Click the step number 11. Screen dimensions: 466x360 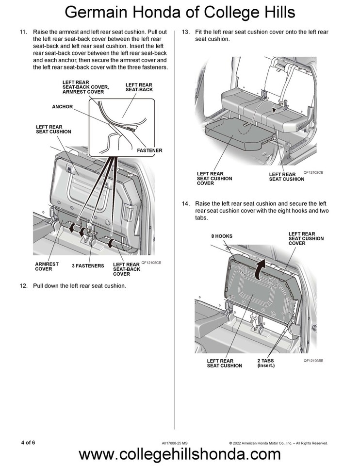coord(22,32)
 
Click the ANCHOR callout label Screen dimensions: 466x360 coord(62,106)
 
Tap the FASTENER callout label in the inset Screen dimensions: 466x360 coord(149,150)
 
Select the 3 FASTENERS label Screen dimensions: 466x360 coord(88,266)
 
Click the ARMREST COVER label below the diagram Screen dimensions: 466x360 coord(47,266)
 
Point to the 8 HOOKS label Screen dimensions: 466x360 coord(221,236)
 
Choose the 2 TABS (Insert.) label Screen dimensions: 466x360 coord(266,363)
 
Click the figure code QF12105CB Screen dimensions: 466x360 coord(151,263)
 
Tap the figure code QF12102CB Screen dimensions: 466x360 coord(313,172)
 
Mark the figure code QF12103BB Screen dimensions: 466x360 coord(313,361)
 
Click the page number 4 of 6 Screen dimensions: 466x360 coord(28,442)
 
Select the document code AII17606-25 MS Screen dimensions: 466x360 coord(175,443)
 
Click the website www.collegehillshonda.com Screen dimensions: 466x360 coord(180,454)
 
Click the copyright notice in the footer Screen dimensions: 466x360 coord(278,443)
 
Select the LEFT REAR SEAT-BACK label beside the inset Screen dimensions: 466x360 coord(139,87)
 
